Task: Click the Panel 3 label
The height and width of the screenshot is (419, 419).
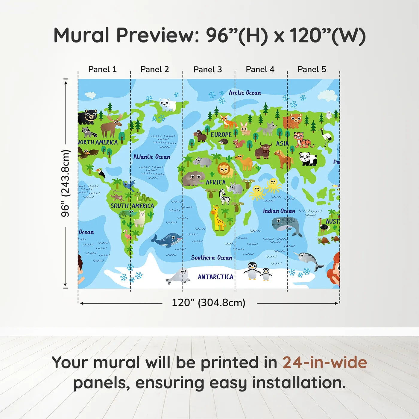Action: [x=207, y=69]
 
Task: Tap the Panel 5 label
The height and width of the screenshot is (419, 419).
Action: [x=312, y=69]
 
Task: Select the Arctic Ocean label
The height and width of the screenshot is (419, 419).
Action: [x=245, y=93]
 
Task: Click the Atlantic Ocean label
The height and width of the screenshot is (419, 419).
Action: [x=151, y=157]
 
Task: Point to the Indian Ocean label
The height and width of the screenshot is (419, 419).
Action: [x=279, y=211]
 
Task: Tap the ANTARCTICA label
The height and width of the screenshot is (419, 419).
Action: [x=215, y=277]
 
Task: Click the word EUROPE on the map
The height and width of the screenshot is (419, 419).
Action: [x=221, y=135]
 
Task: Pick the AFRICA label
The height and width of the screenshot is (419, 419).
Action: [x=215, y=182]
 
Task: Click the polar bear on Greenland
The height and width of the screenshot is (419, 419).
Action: [x=167, y=104]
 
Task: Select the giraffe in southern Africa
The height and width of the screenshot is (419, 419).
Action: [x=218, y=218]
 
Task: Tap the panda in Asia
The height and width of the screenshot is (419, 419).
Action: [x=308, y=159]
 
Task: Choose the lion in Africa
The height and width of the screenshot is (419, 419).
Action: [x=225, y=170]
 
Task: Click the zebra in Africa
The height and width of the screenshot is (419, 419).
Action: [x=225, y=197]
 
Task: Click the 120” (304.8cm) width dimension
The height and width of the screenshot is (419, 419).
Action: [x=208, y=303]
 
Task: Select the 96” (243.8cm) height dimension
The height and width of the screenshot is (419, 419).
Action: [x=65, y=183]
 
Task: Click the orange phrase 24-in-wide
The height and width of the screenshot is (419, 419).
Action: [x=325, y=362]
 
